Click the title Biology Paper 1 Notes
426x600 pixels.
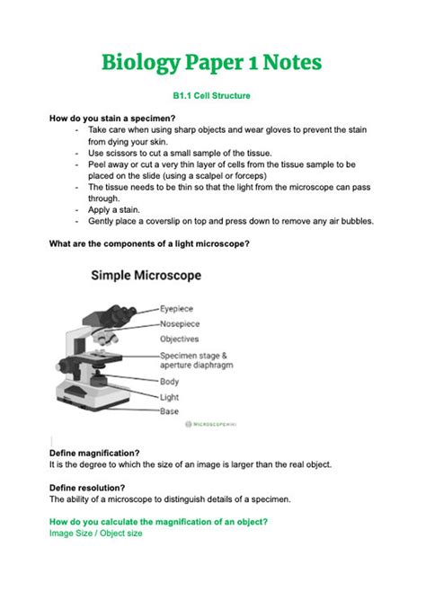click(212, 63)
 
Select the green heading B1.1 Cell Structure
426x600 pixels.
click(212, 94)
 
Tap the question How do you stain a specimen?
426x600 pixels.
click(112, 119)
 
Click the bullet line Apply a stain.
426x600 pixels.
click(117, 209)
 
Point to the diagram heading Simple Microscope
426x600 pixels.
click(146, 275)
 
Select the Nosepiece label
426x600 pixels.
click(180, 323)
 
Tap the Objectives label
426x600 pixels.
click(180, 340)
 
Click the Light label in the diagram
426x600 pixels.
click(170, 396)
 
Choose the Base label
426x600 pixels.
click(169, 410)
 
